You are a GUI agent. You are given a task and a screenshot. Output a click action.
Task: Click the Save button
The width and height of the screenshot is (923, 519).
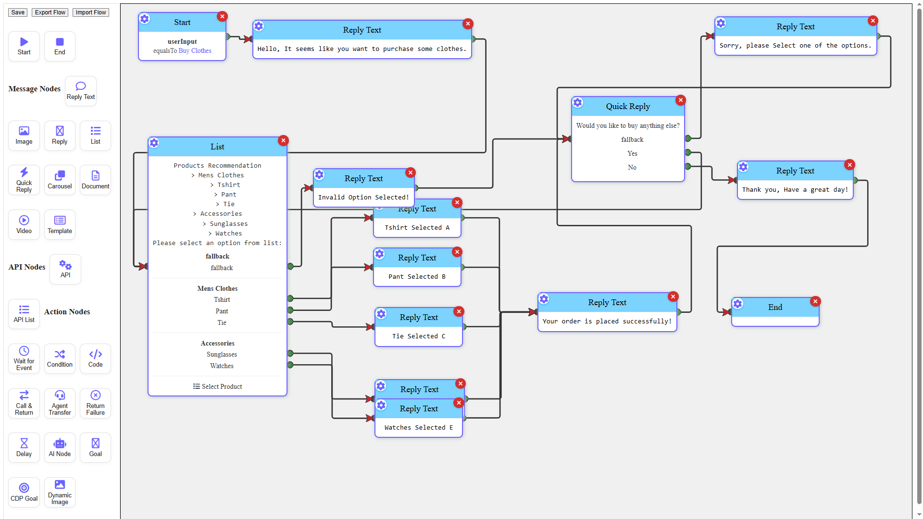coord(18,12)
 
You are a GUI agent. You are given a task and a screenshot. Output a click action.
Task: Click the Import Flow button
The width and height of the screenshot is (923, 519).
coord(90,12)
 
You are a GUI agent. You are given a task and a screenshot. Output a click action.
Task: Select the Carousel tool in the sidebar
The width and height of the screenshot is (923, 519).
coord(60,180)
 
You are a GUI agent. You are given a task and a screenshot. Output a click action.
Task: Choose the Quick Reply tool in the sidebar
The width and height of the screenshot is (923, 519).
coord(24,180)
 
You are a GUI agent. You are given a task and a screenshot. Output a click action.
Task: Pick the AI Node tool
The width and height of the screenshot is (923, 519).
coord(60,447)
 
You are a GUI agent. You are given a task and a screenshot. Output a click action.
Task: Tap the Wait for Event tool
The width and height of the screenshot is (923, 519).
coord(24,358)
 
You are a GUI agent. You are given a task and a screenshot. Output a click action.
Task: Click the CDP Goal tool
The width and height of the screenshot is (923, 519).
coord(24,492)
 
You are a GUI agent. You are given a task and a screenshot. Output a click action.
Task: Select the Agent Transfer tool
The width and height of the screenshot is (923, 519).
coord(60,403)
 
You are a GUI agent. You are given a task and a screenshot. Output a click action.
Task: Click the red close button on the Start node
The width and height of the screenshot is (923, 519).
coord(222,16)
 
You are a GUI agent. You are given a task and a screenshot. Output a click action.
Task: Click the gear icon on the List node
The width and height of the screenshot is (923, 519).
coord(154,143)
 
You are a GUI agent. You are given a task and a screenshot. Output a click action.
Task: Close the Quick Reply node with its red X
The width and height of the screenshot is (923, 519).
coord(681,100)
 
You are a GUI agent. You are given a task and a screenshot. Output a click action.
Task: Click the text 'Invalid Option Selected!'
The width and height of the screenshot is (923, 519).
coord(363,197)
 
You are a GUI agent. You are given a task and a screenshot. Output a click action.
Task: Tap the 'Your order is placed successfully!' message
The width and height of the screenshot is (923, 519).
coord(607,321)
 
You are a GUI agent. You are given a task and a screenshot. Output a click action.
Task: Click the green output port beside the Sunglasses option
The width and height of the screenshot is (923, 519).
coord(290,354)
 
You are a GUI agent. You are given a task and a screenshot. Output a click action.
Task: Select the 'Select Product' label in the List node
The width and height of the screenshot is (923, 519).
coord(218,386)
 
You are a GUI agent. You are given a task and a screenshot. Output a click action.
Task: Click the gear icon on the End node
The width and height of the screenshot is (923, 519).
coord(738,304)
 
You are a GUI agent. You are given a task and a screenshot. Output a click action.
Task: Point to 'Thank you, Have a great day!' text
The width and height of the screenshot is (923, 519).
coord(795,189)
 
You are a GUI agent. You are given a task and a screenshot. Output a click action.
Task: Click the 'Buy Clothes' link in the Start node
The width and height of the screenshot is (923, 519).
coord(195,50)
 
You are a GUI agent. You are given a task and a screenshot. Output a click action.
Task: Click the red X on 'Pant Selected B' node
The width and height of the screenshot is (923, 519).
coord(457,252)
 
